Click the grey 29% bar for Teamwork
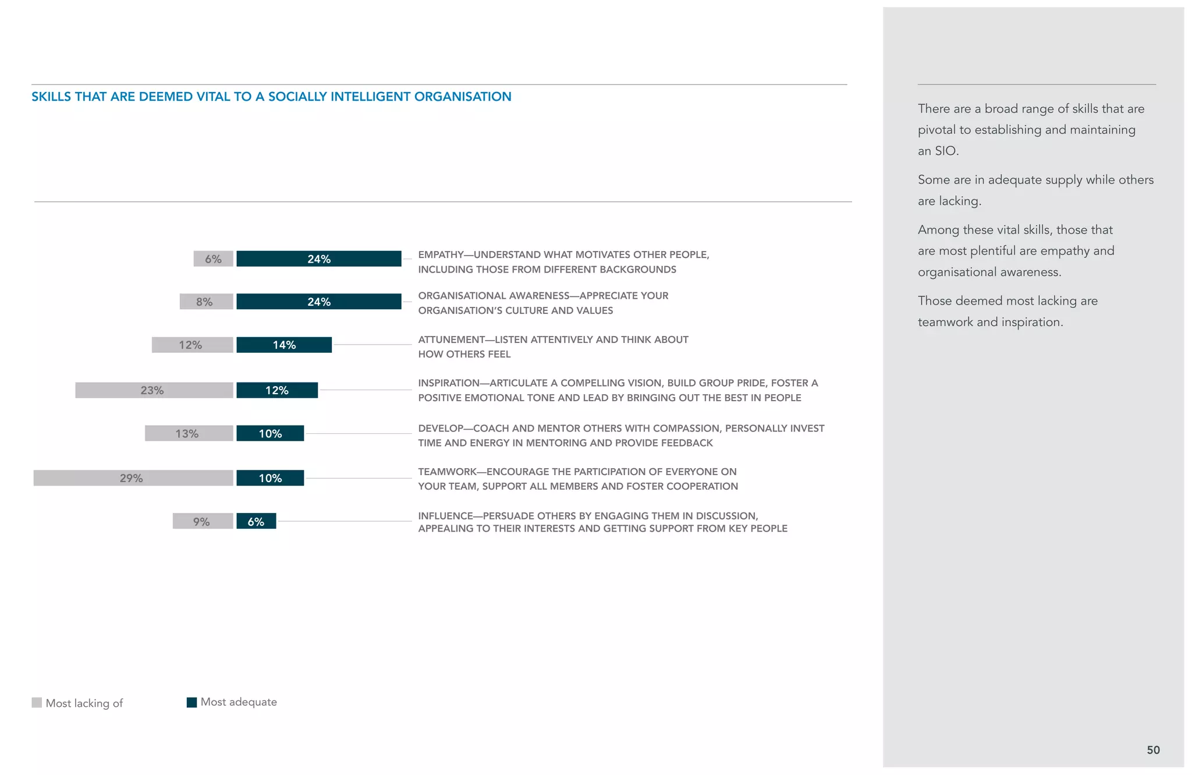click(133, 478)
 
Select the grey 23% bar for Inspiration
click(154, 390)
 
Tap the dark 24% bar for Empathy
click(318, 259)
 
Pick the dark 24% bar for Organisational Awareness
click(318, 302)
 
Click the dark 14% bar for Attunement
click(284, 345)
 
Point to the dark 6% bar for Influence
click(256, 521)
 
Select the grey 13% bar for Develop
click(189, 433)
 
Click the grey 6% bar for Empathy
click(213, 259)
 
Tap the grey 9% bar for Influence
click(203, 521)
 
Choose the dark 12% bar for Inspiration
click(277, 390)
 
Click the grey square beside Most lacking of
click(37, 703)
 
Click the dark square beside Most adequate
click(191, 702)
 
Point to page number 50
click(1153, 750)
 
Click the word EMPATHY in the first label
click(441, 255)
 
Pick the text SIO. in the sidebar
click(946, 151)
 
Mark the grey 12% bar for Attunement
click(192, 345)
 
